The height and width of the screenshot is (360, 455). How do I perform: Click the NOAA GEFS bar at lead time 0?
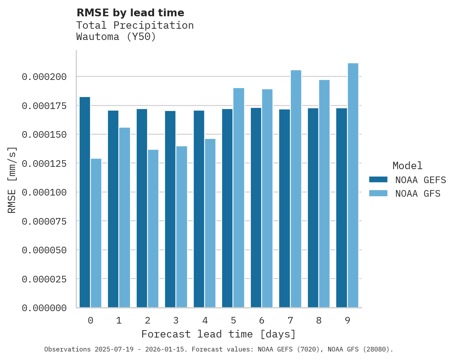click(x=85, y=202)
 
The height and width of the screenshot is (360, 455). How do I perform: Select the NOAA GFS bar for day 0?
click(x=96, y=233)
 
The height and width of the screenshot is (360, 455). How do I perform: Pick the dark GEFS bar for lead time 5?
click(x=227, y=208)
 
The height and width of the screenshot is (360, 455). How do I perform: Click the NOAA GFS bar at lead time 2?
click(x=153, y=228)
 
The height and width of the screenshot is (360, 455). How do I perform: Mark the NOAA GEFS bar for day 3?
click(x=170, y=209)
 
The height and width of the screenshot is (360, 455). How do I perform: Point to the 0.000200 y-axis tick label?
click(x=44, y=77)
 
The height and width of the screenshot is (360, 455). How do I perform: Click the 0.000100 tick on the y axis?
click(x=44, y=192)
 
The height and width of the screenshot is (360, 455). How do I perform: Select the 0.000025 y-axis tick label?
click(x=44, y=279)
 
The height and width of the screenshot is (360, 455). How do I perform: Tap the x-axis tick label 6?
click(x=262, y=320)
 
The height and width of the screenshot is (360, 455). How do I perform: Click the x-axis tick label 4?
click(x=205, y=320)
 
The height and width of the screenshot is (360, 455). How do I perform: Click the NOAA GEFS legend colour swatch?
click(x=378, y=179)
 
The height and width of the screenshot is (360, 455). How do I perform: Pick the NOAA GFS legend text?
click(x=418, y=193)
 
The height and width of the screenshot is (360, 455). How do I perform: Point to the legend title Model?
click(x=407, y=166)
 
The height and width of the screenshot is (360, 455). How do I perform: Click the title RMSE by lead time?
click(x=130, y=13)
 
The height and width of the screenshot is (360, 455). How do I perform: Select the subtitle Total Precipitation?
click(x=135, y=25)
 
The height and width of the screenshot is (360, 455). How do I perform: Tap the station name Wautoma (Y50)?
click(x=116, y=37)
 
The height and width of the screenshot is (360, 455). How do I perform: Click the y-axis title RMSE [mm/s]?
click(x=12, y=180)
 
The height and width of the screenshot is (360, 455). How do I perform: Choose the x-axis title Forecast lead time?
click(x=218, y=334)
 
